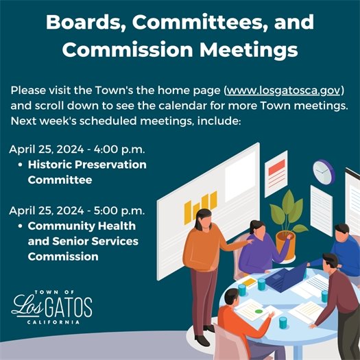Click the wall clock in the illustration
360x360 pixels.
(x=322, y=171)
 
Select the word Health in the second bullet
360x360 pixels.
(x=114, y=226)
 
